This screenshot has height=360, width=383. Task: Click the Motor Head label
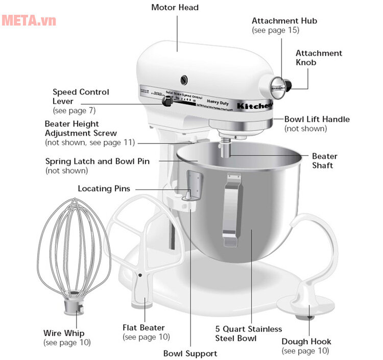175,8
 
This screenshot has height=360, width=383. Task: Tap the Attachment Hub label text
284,21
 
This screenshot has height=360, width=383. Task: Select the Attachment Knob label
319,58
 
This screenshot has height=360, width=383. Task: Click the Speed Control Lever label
81,97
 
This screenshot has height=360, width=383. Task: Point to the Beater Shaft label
324,161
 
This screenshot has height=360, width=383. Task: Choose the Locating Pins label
104,189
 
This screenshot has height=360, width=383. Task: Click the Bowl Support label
190,353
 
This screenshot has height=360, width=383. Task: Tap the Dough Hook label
306,342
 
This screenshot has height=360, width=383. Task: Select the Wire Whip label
63,333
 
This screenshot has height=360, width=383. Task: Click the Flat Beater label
143,328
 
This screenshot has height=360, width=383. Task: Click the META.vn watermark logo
29,21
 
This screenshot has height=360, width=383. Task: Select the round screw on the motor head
183,80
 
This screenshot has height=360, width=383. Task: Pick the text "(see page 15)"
275,30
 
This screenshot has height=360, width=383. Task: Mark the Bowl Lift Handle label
317,119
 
